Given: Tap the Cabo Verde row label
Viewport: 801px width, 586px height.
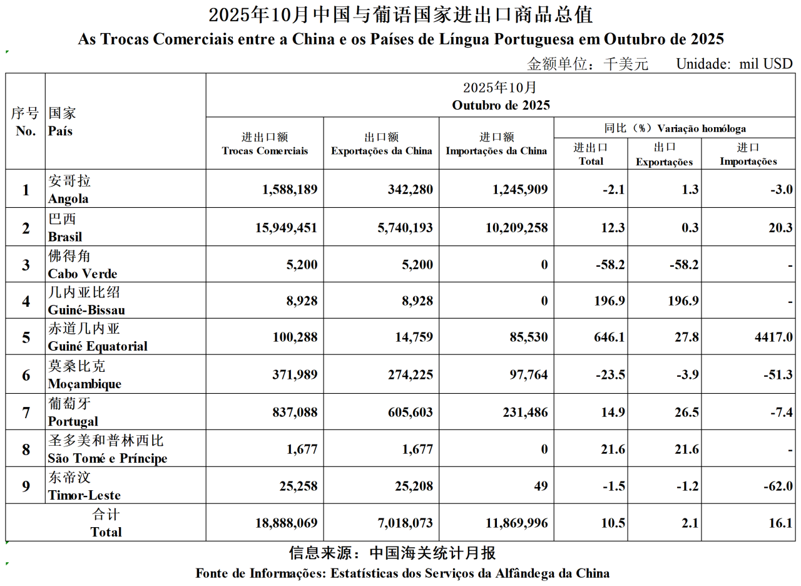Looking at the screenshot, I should click(83, 265).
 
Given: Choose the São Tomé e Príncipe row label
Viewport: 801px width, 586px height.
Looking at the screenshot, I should click(107, 450).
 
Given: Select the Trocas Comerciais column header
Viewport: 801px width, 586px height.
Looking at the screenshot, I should click(265, 151).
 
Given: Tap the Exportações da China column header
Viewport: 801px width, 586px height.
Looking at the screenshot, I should click(381, 151).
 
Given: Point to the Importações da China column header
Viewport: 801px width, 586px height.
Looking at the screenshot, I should click(497, 151).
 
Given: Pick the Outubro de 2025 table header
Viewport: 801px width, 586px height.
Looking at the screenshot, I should click(501, 105).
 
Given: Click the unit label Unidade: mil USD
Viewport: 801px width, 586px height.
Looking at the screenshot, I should click(734, 64).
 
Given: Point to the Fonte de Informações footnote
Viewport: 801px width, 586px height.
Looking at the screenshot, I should click(402, 573).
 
